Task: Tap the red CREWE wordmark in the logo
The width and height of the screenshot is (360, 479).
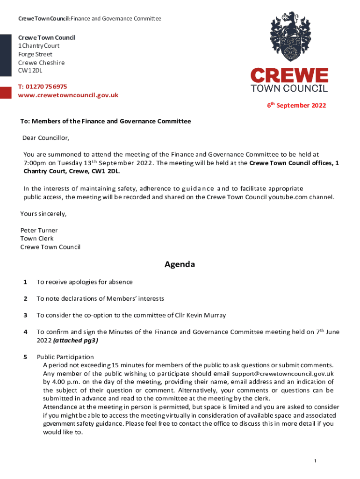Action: [x=289, y=76]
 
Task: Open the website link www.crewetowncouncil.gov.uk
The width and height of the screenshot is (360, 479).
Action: [x=68, y=95]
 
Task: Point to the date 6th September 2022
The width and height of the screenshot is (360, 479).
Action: [x=296, y=106]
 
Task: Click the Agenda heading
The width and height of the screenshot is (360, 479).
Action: [x=180, y=265]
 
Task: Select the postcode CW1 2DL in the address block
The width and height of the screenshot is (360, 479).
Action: [x=30, y=71]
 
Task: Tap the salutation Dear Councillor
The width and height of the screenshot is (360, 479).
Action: [x=46, y=138]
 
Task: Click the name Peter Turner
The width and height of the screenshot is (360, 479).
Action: [x=39, y=230]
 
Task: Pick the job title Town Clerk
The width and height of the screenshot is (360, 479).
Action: [x=37, y=239]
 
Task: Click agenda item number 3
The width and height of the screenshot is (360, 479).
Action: [x=25, y=315]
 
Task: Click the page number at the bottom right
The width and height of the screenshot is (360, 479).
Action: [x=316, y=462]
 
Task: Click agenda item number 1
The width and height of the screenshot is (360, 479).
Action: [x=25, y=282]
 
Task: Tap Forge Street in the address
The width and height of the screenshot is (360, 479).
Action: [x=35, y=54]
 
